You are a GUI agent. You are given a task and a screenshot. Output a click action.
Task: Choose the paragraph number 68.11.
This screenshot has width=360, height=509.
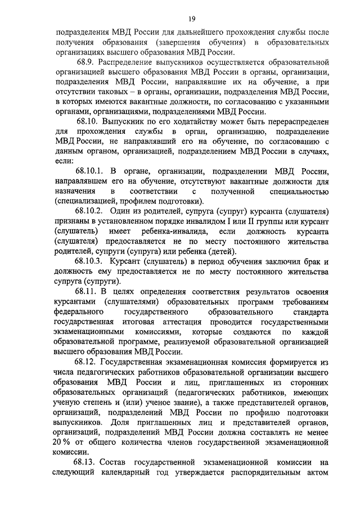87,291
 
